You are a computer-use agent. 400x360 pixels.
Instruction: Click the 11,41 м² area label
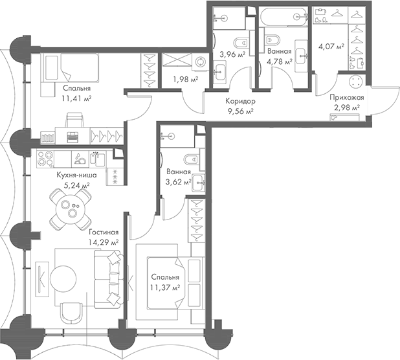click(77, 99)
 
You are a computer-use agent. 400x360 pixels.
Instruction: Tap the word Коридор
click(239, 102)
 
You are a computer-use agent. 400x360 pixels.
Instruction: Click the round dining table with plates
click(68, 210)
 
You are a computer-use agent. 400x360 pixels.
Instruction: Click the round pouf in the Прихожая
click(355, 83)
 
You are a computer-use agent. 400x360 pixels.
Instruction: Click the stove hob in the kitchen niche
click(47, 157)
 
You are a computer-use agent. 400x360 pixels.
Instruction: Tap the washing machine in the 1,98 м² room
click(199, 62)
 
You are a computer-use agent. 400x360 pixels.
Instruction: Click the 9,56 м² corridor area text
click(239, 111)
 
